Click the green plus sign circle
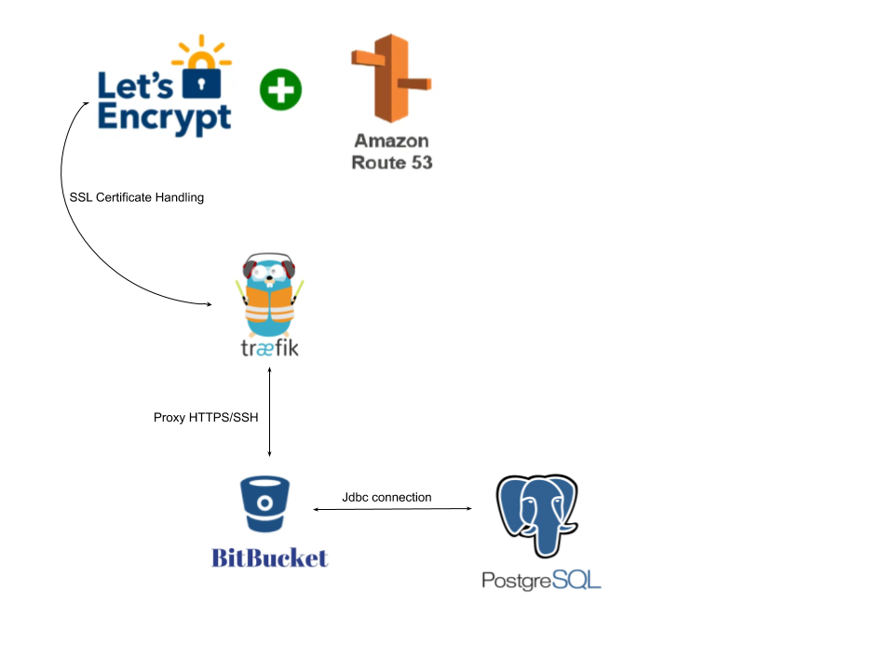[x=280, y=89]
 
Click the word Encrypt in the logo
[x=164, y=118]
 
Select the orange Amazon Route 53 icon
[x=391, y=78]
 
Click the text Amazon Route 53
[x=392, y=152]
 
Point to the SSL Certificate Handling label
[x=137, y=197]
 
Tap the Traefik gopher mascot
[x=270, y=295]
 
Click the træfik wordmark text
[x=270, y=347]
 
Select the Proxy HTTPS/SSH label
[x=206, y=418]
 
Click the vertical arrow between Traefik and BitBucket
[x=270, y=412]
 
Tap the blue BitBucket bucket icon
[x=264, y=503]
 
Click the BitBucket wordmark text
[x=270, y=557]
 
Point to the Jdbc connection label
[x=386, y=497]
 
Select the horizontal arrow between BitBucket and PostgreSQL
[x=393, y=509]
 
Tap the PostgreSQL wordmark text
[x=541, y=581]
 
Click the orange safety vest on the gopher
[x=270, y=305]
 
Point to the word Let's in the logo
[x=135, y=87]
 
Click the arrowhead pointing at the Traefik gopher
[x=210, y=304]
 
